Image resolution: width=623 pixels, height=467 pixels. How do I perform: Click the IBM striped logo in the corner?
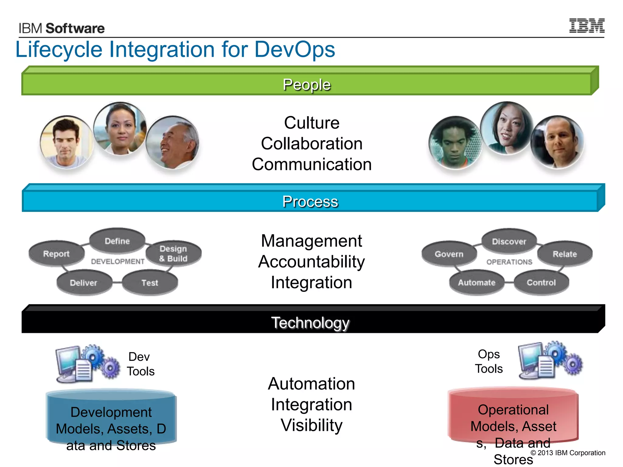586,26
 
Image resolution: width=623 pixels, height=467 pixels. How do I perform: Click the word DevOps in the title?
294,49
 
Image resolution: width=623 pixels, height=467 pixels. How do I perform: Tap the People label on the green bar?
307,85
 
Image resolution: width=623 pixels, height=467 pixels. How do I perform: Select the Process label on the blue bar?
310,202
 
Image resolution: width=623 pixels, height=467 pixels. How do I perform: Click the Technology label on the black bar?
310,323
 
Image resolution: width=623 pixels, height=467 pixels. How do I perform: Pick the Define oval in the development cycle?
117,241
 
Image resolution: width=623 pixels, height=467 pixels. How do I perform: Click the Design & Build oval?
173,254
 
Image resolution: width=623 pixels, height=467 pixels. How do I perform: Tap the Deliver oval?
84,283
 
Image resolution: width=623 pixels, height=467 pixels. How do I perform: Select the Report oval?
56,254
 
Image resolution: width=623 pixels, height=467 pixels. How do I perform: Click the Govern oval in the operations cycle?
449,254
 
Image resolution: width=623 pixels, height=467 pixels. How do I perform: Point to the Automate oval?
477,283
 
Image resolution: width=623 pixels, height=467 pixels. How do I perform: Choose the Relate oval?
565,254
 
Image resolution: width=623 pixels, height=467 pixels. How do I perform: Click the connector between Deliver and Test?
117,282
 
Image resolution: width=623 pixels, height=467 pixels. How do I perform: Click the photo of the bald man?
557,142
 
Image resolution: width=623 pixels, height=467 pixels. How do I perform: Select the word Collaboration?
311,144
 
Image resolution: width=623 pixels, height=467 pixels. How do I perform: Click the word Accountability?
311,262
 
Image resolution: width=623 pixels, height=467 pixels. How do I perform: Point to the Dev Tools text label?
140,364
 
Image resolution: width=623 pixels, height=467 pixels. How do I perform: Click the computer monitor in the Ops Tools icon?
530,358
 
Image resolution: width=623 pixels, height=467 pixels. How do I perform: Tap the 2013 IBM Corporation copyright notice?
568,453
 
